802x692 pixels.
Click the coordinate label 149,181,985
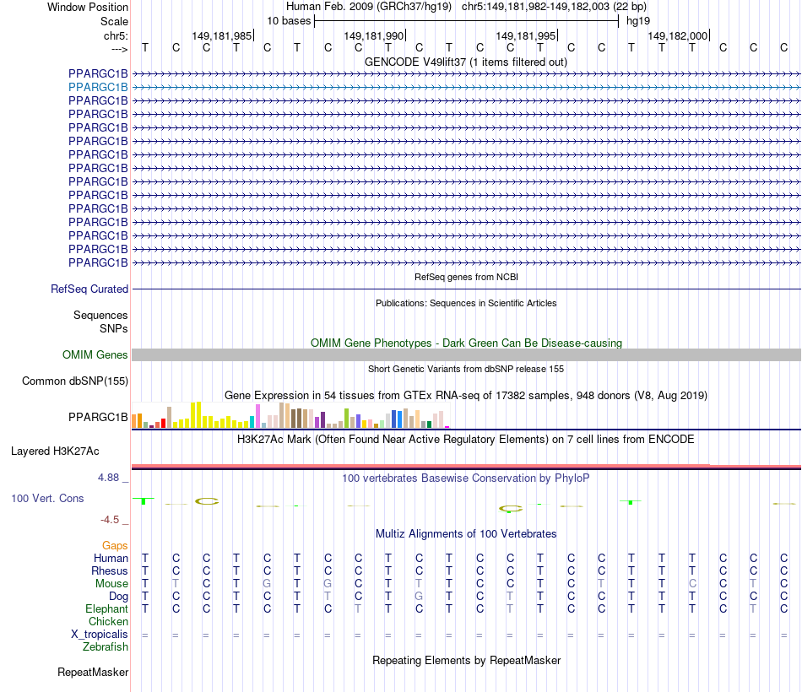pos(221,35)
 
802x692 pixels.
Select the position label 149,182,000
pos(677,35)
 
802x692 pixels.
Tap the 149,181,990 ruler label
pos(373,35)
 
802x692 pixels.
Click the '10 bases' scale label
pos(289,20)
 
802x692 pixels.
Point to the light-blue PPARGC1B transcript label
pos(98,87)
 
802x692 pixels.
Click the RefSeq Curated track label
pos(89,289)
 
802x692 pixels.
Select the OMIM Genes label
pos(95,355)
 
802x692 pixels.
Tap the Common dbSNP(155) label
pos(75,381)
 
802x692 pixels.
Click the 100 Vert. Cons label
pos(47,499)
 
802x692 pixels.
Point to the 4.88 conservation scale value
pos(111,478)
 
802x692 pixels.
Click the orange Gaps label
pos(115,546)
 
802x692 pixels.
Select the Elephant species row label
pos(106,608)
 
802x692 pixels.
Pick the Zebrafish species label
pos(106,646)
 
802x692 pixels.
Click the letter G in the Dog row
pos(419,596)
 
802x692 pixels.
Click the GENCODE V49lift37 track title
pos(466,62)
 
